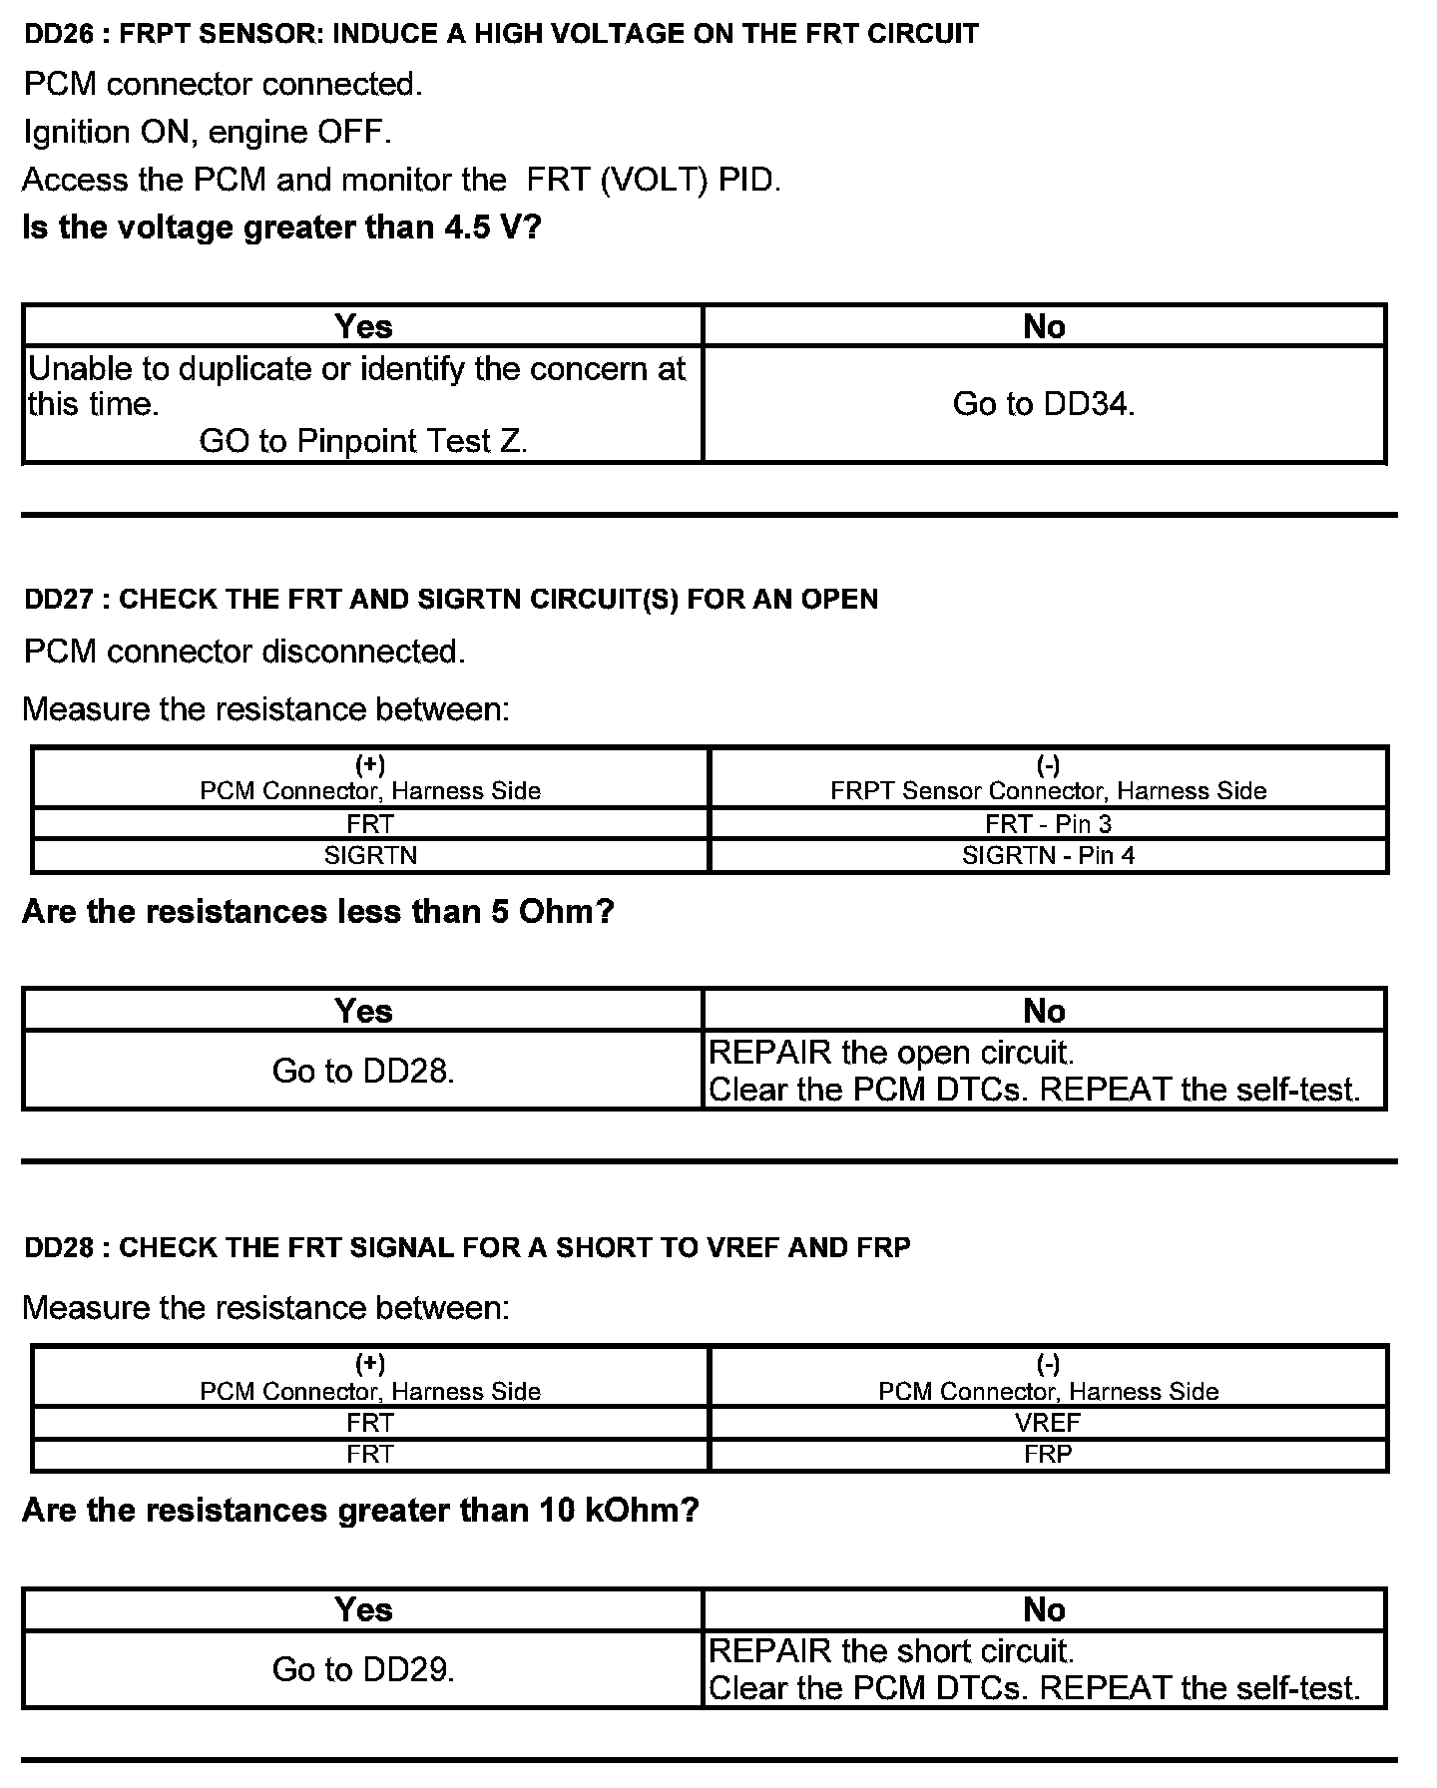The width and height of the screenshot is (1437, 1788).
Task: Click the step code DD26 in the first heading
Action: click(x=58, y=35)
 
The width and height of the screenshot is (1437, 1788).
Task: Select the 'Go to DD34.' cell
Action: click(x=1044, y=404)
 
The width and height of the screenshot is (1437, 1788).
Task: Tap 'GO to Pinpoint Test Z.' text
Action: click(x=363, y=441)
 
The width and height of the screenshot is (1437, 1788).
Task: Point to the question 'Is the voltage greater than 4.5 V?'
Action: click(x=281, y=227)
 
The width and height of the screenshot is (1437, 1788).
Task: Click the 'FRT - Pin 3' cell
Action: click(x=1048, y=824)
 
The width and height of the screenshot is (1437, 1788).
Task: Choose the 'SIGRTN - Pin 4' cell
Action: click(x=1048, y=856)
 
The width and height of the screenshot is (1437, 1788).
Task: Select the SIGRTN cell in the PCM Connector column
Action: click(x=370, y=856)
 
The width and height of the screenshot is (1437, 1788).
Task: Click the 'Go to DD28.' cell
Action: click(x=363, y=1071)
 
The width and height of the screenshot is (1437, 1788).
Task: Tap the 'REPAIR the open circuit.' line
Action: click(x=891, y=1053)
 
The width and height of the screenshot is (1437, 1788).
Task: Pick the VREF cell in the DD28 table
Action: click(x=1048, y=1423)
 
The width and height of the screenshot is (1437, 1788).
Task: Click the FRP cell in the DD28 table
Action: click(x=1048, y=1455)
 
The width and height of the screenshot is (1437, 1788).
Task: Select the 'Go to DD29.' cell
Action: click(x=363, y=1669)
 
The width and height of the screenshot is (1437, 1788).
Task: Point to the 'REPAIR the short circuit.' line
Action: click(x=891, y=1651)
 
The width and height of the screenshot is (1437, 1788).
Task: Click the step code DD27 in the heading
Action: click(x=58, y=600)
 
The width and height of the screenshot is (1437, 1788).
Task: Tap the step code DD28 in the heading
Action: click(x=58, y=1248)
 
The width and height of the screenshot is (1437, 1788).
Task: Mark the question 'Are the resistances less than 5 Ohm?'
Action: click(x=317, y=912)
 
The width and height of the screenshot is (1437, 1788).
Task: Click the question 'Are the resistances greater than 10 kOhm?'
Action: click(x=360, y=1511)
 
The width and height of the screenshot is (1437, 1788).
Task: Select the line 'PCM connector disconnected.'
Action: click(x=244, y=653)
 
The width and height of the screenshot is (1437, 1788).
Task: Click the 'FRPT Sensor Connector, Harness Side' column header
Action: click(x=1048, y=791)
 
